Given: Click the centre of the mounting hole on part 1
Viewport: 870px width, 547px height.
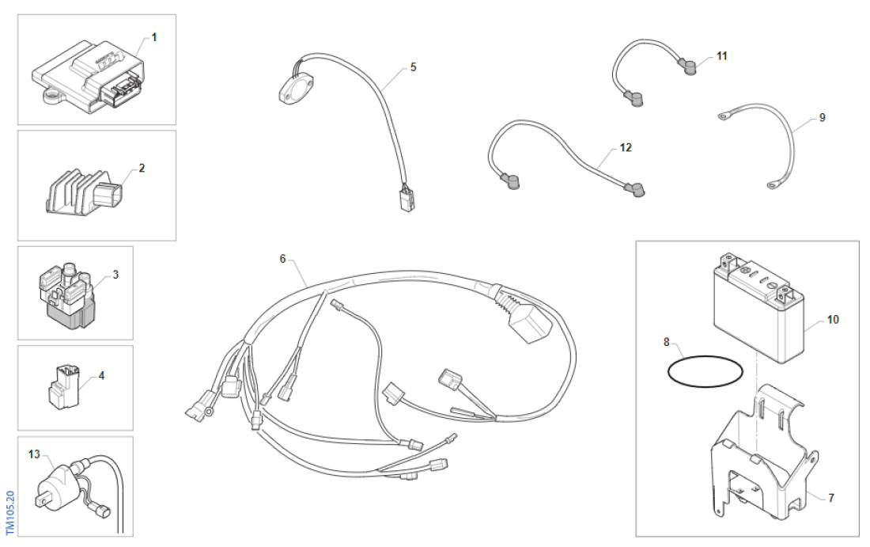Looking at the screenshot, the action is (51, 98).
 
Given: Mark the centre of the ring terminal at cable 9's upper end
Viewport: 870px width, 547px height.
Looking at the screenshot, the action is (723, 116).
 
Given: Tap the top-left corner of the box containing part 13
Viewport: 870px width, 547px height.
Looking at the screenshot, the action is (17, 436).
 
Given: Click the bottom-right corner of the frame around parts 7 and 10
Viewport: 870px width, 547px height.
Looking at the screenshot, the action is (859, 537).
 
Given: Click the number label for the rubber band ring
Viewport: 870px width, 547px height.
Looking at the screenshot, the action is (667, 342).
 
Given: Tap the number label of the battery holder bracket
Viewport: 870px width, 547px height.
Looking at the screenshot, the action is (830, 498).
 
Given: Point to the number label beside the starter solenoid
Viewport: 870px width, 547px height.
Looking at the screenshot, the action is (115, 275).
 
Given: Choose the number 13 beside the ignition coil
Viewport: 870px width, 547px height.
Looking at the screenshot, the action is (34, 454).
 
